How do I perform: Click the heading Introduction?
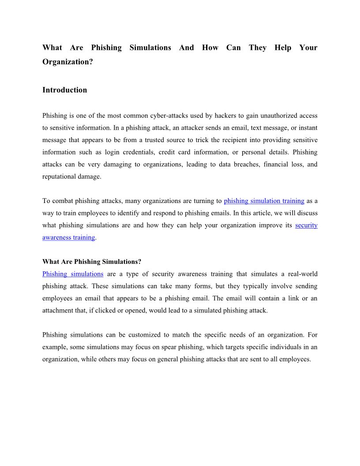tap(64, 90)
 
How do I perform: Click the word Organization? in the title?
tap(67, 62)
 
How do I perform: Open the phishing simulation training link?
tap(264, 201)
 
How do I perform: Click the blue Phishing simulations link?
tap(73, 274)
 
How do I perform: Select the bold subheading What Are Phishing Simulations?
tap(92, 262)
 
